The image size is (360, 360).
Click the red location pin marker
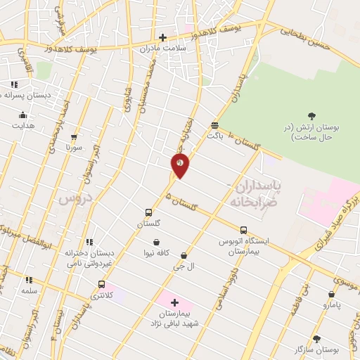pos(180,165)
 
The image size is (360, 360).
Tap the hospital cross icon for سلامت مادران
pos(162,37)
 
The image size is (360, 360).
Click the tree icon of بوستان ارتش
pos(311,115)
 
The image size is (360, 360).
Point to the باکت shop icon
pos(214,126)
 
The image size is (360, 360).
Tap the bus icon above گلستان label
pos(148,212)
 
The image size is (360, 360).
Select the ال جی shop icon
pos(184,255)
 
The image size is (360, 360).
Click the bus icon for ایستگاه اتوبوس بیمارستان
pos(243,230)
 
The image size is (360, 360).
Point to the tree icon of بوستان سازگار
pos(316,338)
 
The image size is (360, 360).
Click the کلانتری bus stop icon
pos(102,285)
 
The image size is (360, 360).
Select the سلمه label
pos(29,290)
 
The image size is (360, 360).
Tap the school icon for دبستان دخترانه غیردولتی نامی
pos(89,242)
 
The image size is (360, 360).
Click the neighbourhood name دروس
pos(75,198)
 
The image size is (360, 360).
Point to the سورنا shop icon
pos(74,137)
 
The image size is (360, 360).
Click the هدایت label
pos(22,126)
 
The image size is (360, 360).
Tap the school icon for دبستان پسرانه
pos(14,84)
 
